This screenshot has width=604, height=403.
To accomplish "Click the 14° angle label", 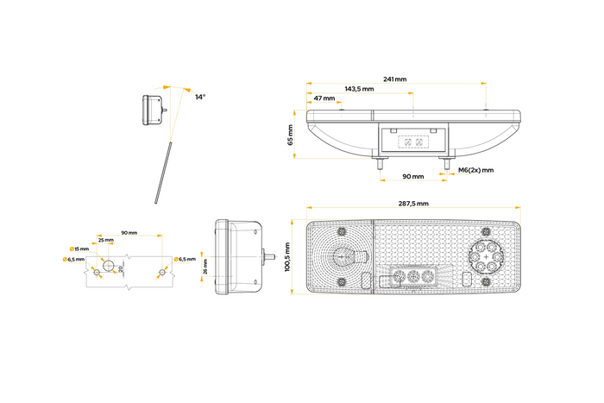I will click(200, 97).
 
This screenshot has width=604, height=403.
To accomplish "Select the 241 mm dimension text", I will click(394, 79).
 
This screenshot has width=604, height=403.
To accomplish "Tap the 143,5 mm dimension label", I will click(359, 89).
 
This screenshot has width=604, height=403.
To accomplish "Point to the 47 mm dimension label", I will click(324, 98).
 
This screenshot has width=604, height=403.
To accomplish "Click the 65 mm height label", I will click(291, 135).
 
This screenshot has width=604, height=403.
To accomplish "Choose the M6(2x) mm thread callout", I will click(475, 170).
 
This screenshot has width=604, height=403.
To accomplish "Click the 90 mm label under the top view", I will click(412, 176).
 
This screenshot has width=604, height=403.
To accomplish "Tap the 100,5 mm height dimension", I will click(287, 256).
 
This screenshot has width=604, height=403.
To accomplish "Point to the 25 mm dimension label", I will click(105, 241).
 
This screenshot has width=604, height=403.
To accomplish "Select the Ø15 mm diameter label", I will click(82, 250).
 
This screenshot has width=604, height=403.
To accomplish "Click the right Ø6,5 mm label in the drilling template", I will click(186, 259).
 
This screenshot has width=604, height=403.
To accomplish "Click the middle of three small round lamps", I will click(412, 278).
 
